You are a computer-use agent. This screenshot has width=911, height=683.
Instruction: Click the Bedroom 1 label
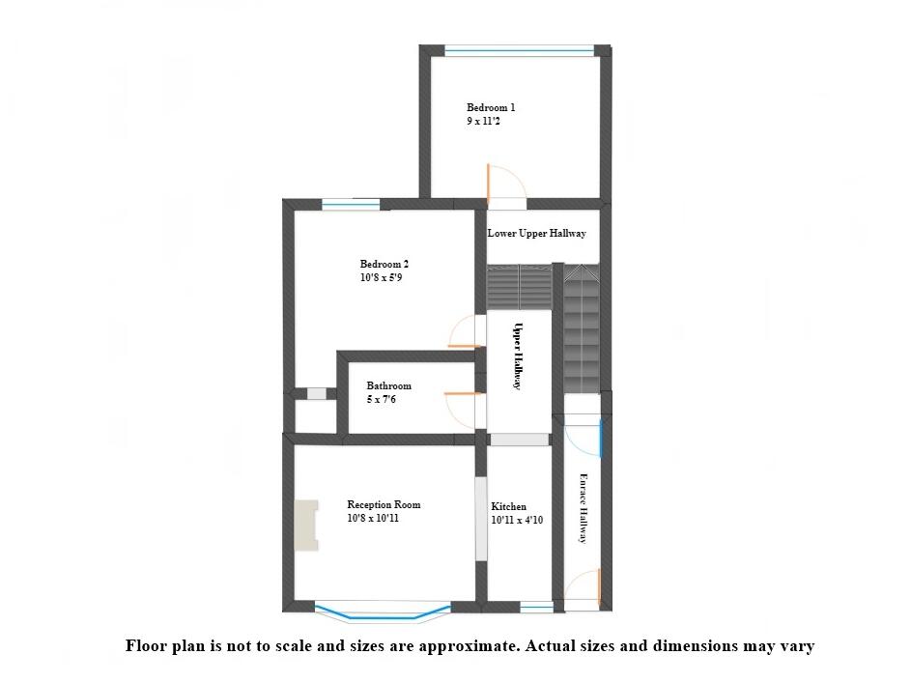point(491,107)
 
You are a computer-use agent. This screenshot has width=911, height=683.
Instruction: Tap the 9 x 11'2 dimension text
point(483,122)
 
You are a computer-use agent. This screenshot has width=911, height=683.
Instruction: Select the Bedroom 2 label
point(384,264)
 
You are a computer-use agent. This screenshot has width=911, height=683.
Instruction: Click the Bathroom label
point(388,386)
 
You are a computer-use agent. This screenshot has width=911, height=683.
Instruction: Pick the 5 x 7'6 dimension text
point(381,400)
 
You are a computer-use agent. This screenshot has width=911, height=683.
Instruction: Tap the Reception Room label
point(384,504)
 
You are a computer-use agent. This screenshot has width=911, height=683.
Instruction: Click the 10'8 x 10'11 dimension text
point(373,519)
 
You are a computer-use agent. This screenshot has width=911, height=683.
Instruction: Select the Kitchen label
point(509,506)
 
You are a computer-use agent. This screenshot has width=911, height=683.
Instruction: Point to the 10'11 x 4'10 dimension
point(518,521)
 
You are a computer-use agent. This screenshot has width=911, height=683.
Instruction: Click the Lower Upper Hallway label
point(536,234)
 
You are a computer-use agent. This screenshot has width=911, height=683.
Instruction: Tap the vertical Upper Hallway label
point(518,356)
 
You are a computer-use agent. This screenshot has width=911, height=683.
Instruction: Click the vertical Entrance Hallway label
point(583,507)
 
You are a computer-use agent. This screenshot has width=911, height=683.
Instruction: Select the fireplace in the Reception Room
point(307,526)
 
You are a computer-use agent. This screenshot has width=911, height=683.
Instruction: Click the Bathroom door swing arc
point(459,407)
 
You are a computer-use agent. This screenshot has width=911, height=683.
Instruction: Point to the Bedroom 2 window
point(351,204)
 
